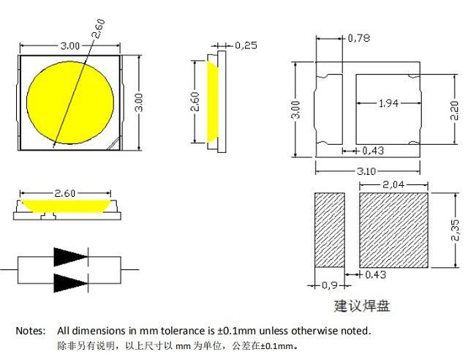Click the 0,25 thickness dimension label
click(x=247, y=45)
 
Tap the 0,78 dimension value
click(x=358, y=37)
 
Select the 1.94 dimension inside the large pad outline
click(x=388, y=104)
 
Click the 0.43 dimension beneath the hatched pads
click(x=374, y=274)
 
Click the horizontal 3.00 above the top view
click(x=70, y=45)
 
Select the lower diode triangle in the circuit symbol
click(x=70, y=282)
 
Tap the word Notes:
click(x=31, y=331)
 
